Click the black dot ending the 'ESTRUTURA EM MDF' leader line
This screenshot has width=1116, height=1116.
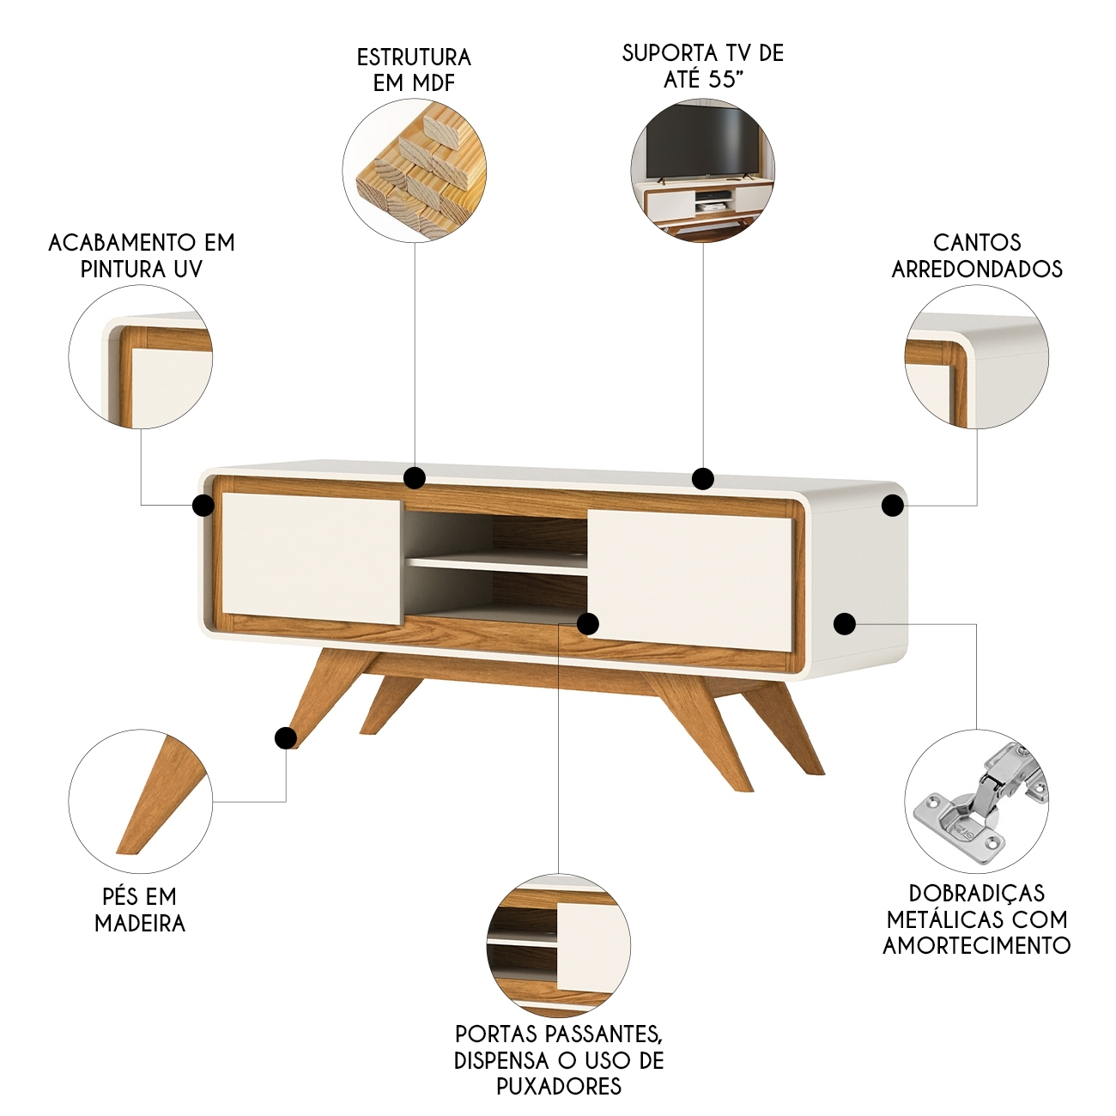pyautogui.click(x=415, y=478)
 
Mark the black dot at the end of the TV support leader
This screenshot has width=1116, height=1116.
pyautogui.click(x=702, y=478)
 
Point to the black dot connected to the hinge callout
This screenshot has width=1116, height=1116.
pyautogui.click(x=845, y=624)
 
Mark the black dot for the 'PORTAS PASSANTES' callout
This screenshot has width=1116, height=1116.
pyautogui.click(x=588, y=624)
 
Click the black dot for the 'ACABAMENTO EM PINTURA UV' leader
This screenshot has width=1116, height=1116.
pyautogui.click(x=203, y=506)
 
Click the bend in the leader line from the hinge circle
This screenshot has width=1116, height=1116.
pyautogui.click(x=976, y=624)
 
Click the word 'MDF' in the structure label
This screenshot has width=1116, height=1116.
pyautogui.click(x=434, y=83)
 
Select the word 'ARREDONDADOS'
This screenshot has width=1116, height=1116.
pyautogui.click(x=977, y=270)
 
